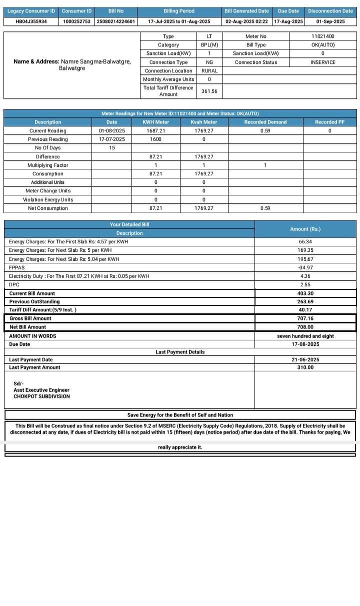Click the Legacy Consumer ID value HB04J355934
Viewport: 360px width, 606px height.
[x=30, y=21]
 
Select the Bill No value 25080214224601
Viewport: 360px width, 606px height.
[x=116, y=21]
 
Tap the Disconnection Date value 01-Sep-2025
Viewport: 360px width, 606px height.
[x=330, y=21]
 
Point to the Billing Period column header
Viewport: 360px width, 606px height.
[x=179, y=11]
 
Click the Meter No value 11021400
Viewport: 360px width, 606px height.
[x=322, y=36]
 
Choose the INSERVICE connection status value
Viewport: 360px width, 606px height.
[x=322, y=62]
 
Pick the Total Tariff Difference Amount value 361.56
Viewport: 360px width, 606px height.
[x=209, y=91]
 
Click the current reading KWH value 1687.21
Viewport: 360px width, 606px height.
[x=155, y=131]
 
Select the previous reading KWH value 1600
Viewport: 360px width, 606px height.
[x=155, y=139]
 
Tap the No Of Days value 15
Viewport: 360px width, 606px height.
[x=112, y=148]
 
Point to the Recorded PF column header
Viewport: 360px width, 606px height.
[x=329, y=122]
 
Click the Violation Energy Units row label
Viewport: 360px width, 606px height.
[x=48, y=200]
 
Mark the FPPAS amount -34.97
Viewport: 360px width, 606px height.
[x=305, y=267]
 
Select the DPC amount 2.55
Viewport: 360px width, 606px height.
[x=305, y=285]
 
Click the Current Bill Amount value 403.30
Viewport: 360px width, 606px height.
[x=305, y=293]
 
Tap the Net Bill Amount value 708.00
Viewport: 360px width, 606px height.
[x=305, y=327]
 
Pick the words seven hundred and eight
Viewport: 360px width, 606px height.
[x=305, y=336]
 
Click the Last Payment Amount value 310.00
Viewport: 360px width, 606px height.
[x=305, y=368]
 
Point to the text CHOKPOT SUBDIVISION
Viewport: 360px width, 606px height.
[x=42, y=397]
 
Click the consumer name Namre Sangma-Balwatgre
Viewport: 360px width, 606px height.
[x=95, y=61]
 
